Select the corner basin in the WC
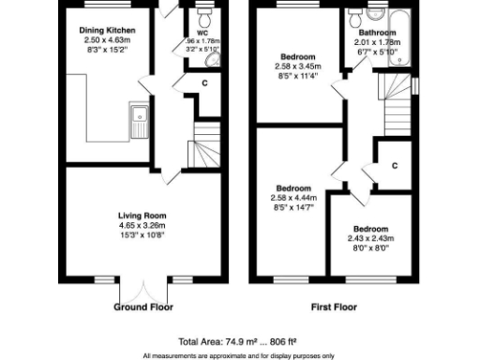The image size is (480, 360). [211, 59]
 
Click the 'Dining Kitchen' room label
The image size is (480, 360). [105, 31]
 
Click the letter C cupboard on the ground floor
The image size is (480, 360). [205, 82]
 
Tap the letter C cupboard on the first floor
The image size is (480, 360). [395, 166]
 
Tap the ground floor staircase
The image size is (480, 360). [202, 147]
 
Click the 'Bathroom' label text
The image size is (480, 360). [380, 32]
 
